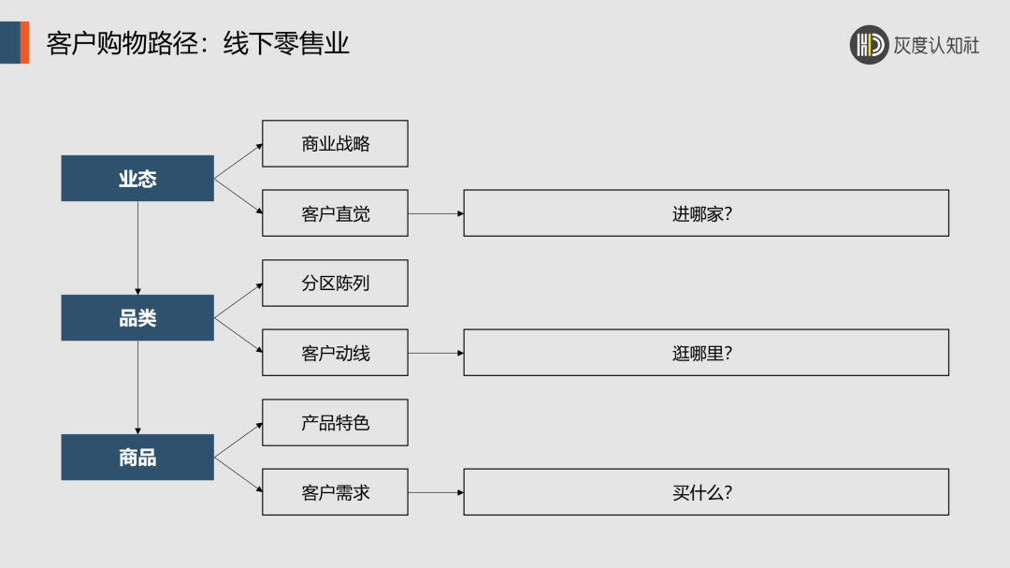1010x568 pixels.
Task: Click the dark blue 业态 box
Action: pyautogui.click(x=137, y=179)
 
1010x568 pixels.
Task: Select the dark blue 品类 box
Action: pyautogui.click(x=137, y=318)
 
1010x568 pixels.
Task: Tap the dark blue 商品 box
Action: pyautogui.click(x=137, y=458)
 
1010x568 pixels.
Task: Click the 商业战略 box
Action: pyautogui.click(x=335, y=144)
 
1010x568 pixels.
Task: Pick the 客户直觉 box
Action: pyautogui.click(x=335, y=213)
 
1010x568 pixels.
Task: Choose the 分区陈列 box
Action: pyautogui.click(x=335, y=284)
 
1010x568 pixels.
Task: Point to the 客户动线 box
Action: pyautogui.click(x=335, y=353)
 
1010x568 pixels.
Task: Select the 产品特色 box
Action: pyautogui.click(x=335, y=423)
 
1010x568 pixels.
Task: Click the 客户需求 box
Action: pyautogui.click(x=335, y=492)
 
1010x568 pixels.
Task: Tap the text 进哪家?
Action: pyautogui.click(x=701, y=213)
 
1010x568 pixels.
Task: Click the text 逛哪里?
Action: pyautogui.click(x=701, y=353)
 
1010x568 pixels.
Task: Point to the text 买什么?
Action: pyautogui.click(x=701, y=492)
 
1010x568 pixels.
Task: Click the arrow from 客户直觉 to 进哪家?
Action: pyautogui.click(x=436, y=213)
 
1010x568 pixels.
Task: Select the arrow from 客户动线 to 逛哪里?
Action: pyautogui.click(x=436, y=353)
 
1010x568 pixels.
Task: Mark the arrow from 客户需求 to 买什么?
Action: pyautogui.click(x=436, y=492)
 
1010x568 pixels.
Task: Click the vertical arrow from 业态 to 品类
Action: pyautogui.click(x=137, y=248)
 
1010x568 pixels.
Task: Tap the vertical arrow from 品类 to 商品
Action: pyautogui.click(x=137, y=387)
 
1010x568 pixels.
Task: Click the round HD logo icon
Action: pyautogui.click(x=869, y=44)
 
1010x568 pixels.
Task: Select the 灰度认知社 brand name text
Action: pyautogui.click(x=936, y=45)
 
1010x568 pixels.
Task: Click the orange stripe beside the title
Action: pyautogui.click(x=24, y=43)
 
